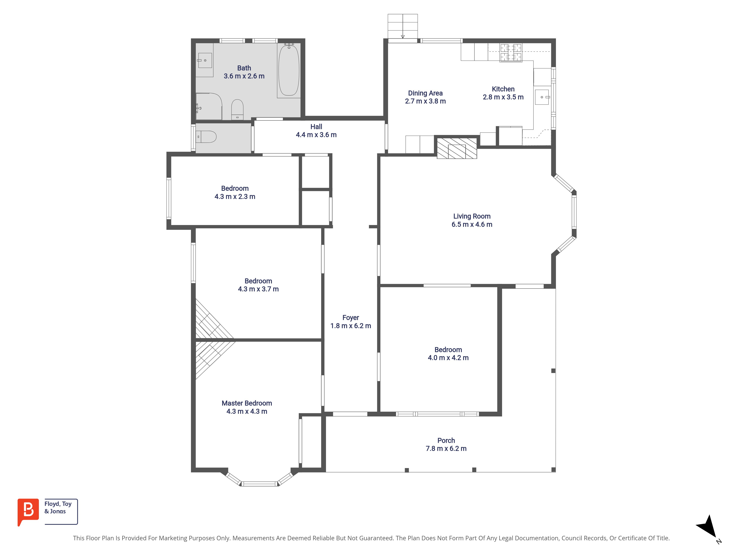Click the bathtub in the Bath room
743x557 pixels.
pyautogui.click(x=288, y=71)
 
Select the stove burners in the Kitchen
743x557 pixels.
pyautogui.click(x=511, y=53)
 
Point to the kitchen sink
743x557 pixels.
pyautogui.click(x=542, y=97)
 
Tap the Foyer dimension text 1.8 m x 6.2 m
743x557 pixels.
pyautogui.click(x=351, y=326)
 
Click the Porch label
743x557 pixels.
pyautogui.click(x=446, y=441)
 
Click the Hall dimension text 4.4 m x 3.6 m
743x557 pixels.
pyautogui.click(x=316, y=135)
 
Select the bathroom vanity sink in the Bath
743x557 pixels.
pyautogui.click(x=205, y=60)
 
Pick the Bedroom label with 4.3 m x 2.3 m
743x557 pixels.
pyautogui.click(x=235, y=188)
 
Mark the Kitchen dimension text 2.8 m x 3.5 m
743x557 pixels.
pyautogui.click(x=503, y=97)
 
